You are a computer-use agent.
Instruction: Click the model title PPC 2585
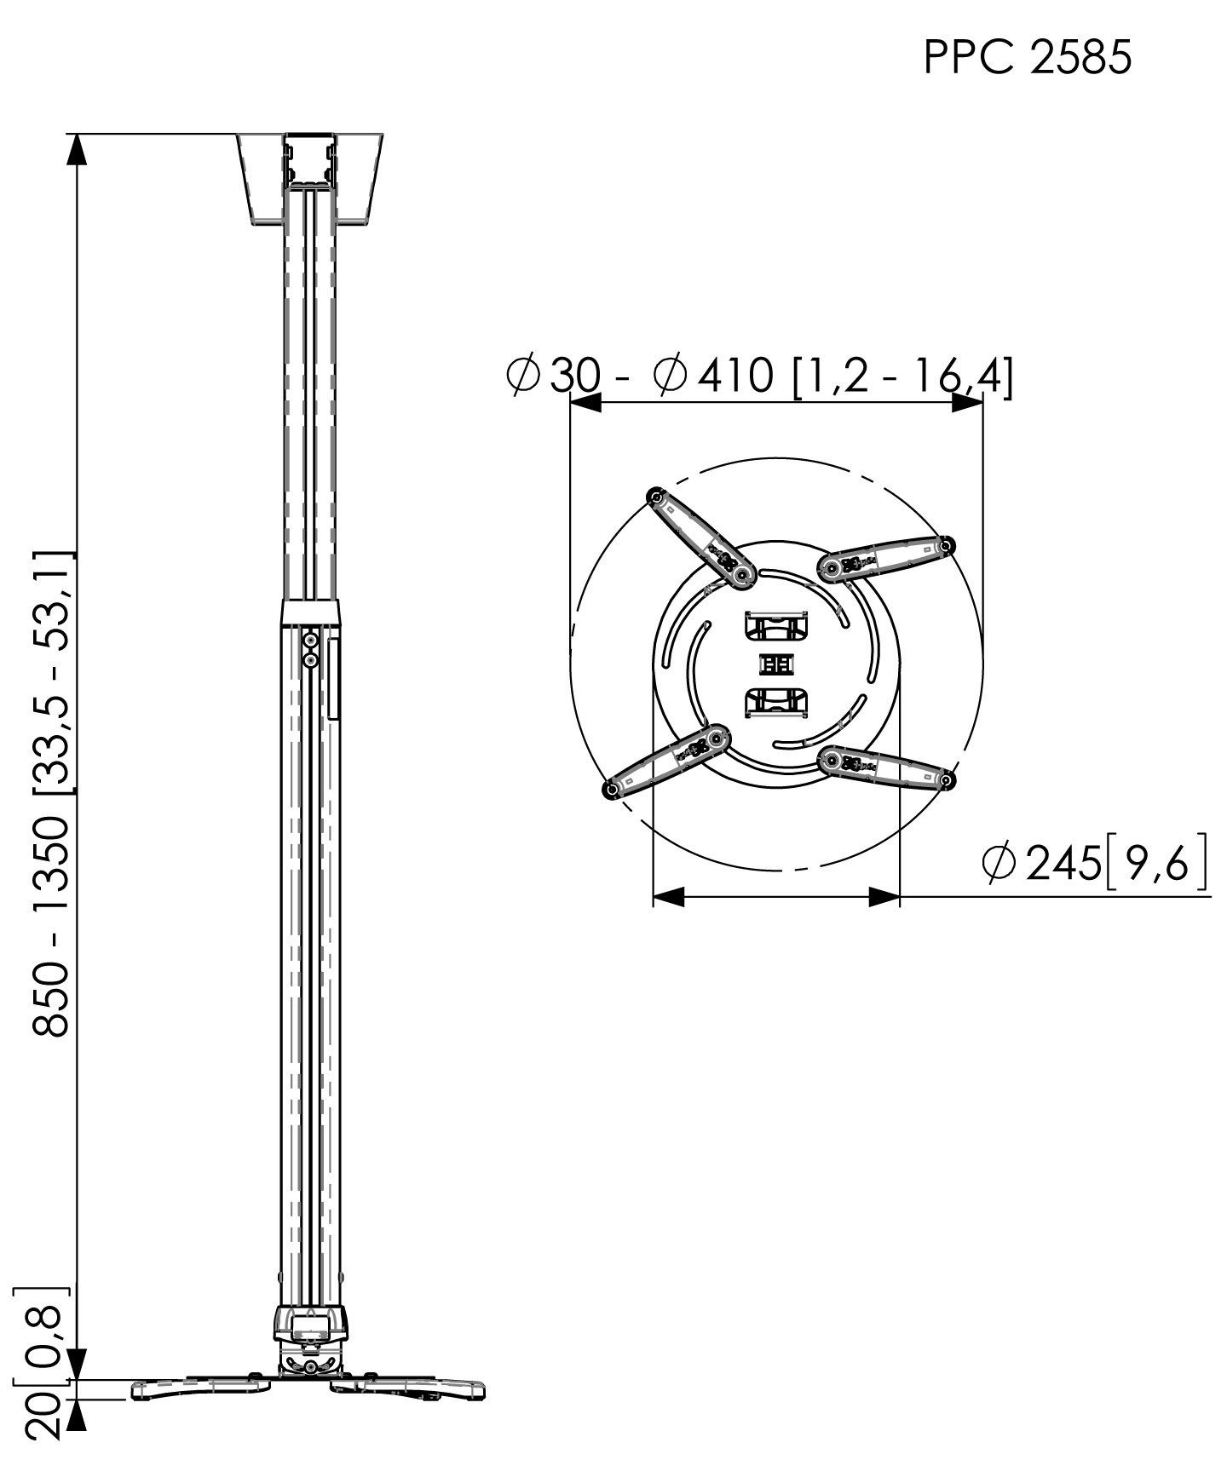1028,59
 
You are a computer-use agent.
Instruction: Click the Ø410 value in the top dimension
713,376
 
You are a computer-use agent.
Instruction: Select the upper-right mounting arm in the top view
886,558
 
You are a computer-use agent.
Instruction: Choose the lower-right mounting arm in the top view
886,767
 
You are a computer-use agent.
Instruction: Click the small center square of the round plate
775,664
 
